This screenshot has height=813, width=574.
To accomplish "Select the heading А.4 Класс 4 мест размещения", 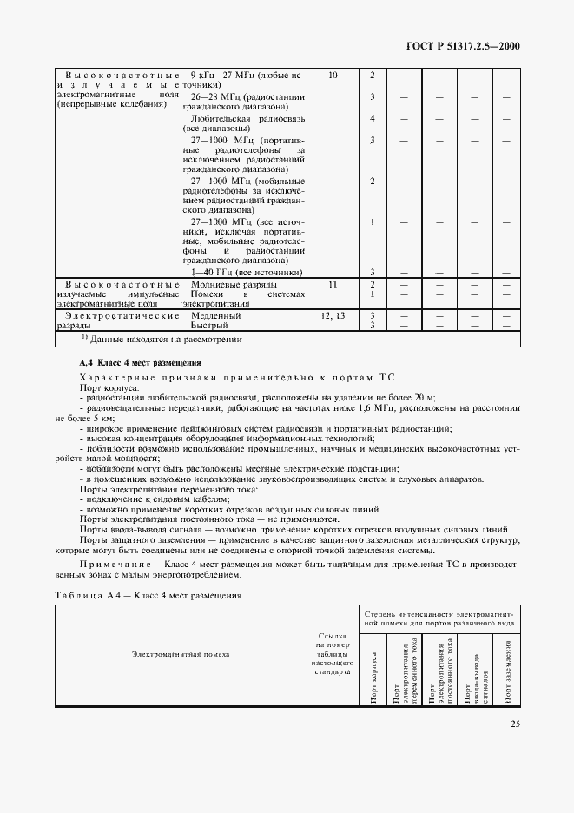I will [x=140, y=362].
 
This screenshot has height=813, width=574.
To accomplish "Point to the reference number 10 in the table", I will [x=333, y=76].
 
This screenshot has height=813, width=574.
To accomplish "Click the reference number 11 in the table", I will [x=333, y=284].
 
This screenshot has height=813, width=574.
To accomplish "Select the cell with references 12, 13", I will [x=333, y=315].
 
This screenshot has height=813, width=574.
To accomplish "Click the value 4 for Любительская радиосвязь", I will [x=372, y=118].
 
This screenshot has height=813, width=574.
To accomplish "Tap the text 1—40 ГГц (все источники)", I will [x=247, y=272].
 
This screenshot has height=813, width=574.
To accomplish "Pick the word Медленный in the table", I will [x=216, y=315].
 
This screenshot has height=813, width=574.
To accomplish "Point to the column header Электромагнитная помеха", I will [x=181, y=654].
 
